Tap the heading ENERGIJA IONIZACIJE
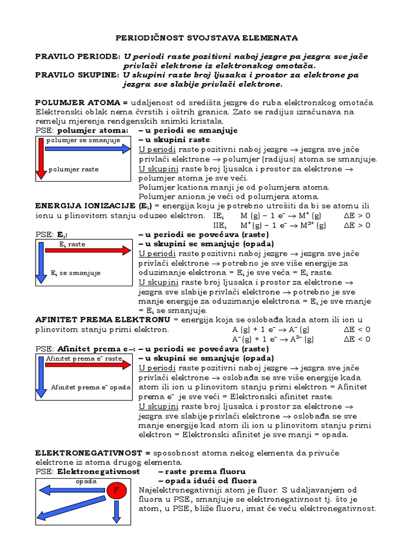pyautogui.click(x=85, y=206)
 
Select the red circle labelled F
pyautogui.click(x=115, y=490)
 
